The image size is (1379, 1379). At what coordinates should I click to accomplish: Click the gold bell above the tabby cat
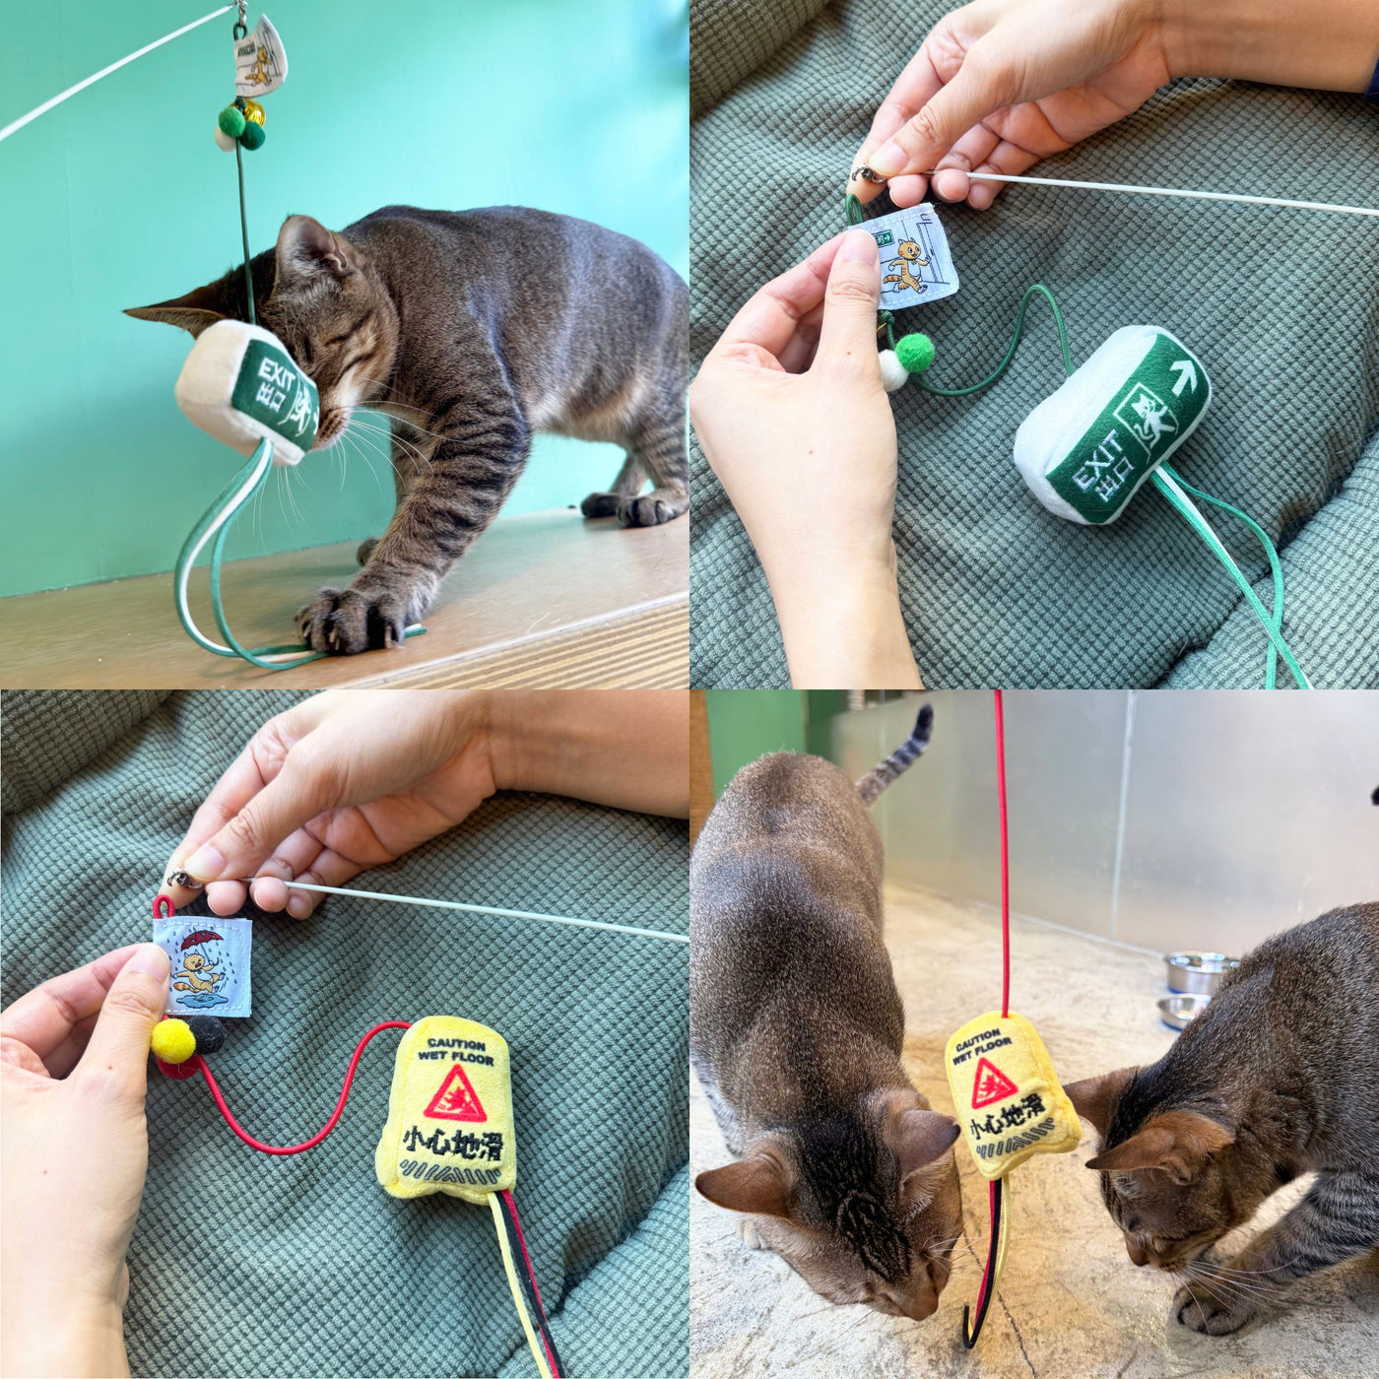pyautogui.click(x=255, y=111)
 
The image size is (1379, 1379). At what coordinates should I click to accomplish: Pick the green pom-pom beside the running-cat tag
pyautogui.click(x=915, y=352)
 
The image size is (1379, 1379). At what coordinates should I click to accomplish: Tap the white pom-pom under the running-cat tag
pyautogui.click(x=892, y=371)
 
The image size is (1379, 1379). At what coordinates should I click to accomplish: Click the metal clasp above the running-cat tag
pyautogui.click(x=867, y=174)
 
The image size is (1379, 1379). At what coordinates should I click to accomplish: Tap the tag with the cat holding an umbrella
pyautogui.click(x=202, y=965)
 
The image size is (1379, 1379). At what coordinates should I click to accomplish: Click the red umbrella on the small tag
pyautogui.click(x=202, y=939)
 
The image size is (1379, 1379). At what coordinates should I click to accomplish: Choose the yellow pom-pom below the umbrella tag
pyautogui.click(x=173, y=1041)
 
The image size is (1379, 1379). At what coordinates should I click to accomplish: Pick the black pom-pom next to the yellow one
pyautogui.click(x=208, y=1034)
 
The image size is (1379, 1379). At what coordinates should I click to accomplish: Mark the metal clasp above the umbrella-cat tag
pyautogui.click(x=183, y=878)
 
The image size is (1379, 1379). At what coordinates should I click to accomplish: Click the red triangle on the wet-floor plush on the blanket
pyautogui.click(x=455, y=1095)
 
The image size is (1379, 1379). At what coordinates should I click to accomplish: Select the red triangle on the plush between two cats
pyautogui.click(x=993, y=1083)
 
